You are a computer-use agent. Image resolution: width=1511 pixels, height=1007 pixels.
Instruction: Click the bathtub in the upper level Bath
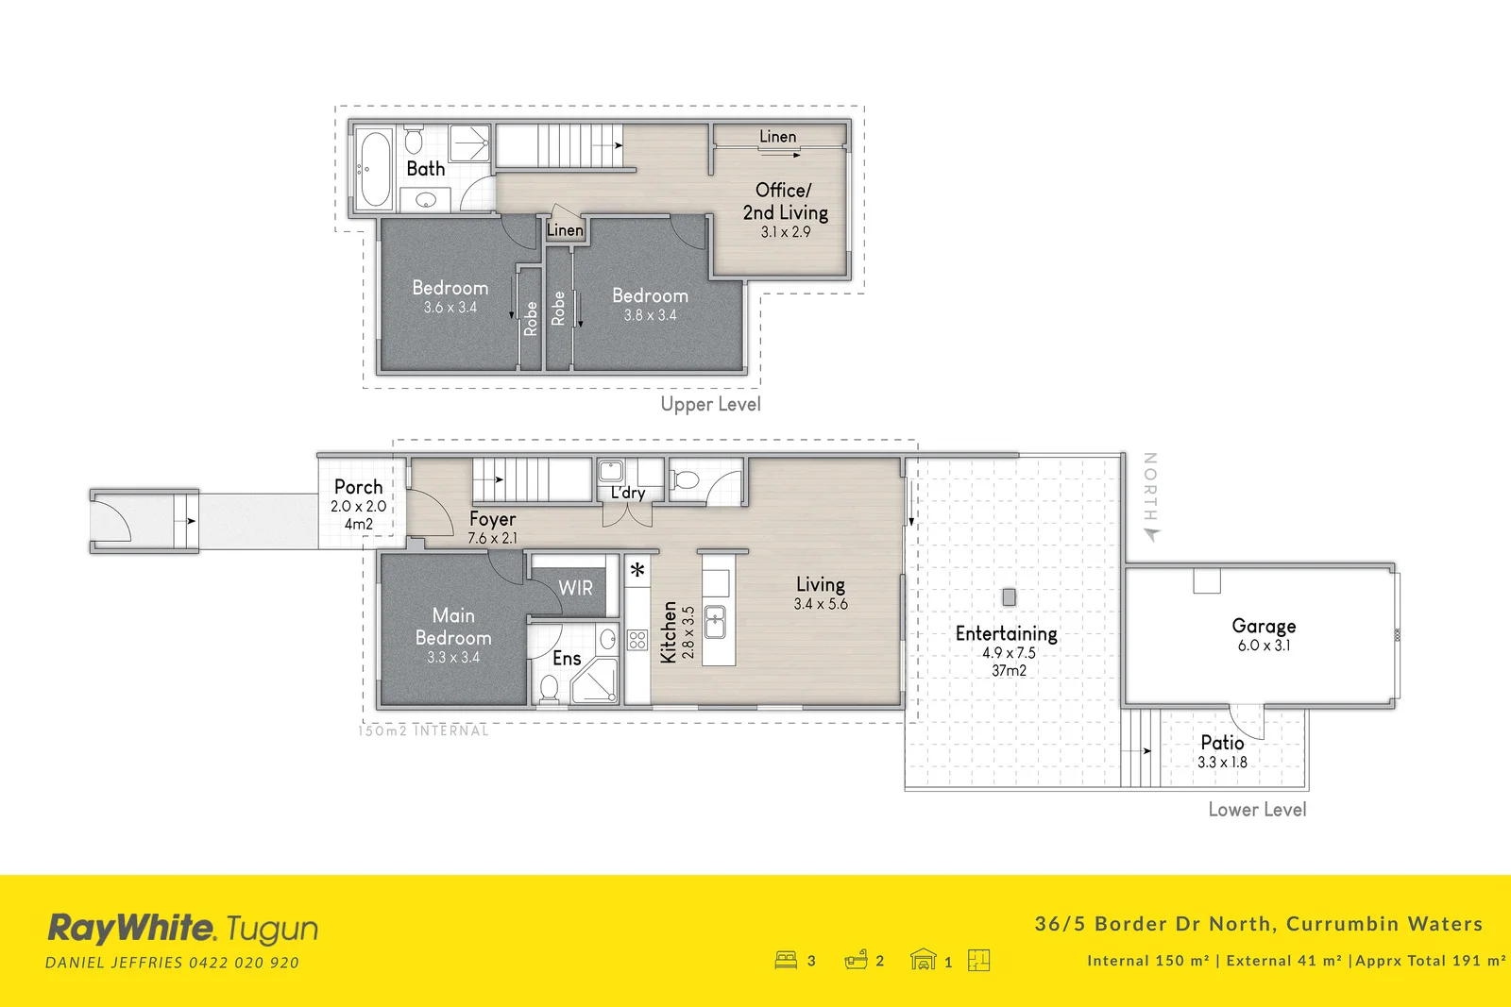tap(375, 170)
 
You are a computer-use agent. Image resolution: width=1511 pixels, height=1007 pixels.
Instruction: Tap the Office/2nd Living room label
tap(785, 201)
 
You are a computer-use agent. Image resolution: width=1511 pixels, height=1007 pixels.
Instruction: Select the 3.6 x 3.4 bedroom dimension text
tap(450, 308)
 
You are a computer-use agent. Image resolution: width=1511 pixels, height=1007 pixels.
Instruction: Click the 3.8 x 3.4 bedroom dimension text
tap(650, 315)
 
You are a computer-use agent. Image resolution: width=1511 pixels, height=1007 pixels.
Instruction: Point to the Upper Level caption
tap(710, 404)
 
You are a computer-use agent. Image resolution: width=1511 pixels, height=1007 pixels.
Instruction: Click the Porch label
tap(359, 487)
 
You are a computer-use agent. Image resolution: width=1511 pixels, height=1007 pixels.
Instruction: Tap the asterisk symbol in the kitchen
tap(637, 570)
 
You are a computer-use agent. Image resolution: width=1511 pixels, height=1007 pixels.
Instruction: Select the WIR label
tap(575, 588)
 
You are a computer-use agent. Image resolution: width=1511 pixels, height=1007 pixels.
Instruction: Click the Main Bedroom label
tap(453, 627)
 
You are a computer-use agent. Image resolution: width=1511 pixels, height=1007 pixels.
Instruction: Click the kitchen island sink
tap(716, 623)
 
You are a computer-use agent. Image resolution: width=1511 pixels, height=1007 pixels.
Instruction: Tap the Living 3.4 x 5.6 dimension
tap(821, 604)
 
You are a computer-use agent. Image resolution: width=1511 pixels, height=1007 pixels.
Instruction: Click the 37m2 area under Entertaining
tap(1009, 670)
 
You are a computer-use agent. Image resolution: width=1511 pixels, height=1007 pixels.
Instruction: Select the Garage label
tap(1264, 626)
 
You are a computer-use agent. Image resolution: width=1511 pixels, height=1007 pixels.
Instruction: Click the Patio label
tap(1222, 743)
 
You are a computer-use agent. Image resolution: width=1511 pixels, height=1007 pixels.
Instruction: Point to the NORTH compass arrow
tap(1151, 534)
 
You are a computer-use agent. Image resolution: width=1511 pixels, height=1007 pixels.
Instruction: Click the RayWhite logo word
tap(131, 929)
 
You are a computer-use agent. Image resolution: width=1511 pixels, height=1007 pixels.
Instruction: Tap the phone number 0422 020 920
tap(244, 963)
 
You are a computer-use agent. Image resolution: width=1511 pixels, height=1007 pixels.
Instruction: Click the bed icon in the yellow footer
tap(786, 960)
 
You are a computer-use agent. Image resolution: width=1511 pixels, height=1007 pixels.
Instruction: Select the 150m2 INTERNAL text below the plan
tap(424, 730)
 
